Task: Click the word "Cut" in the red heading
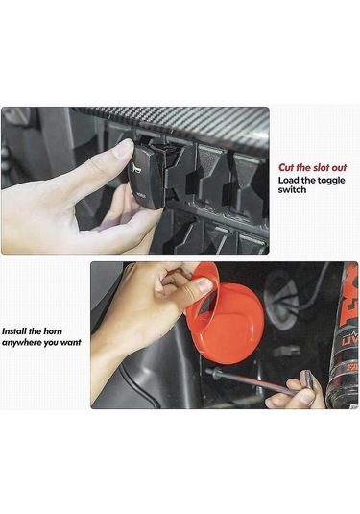pyautogui.click(x=286, y=167)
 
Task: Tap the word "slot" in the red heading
pyautogui.click(x=320, y=167)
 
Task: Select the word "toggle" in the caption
pyautogui.click(x=331, y=181)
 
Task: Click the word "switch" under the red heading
pyautogui.click(x=292, y=190)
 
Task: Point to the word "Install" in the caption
pyautogui.click(x=14, y=331)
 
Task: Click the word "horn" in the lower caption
pyautogui.click(x=53, y=331)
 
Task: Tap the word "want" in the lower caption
pyautogui.click(x=71, y=343)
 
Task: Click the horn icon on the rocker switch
pyautogui.click(x=135, y=169)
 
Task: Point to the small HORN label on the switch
pyautogui.click(x=141, y=194)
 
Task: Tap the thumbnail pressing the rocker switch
pyautogui.click(x=124, y=148)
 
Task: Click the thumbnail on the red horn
pyautogui.click(x=205, y=285)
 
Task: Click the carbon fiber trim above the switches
pyautogui.click(x=183, y=121)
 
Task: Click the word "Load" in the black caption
pyautogui.click(x=288, y=181)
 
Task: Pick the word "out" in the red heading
pyautogui.click(x=338, y=167)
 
